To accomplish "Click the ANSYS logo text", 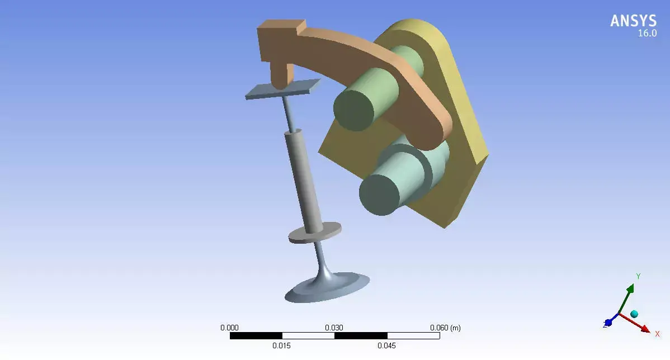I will tap(633, 21).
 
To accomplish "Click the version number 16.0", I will tap(647, 34).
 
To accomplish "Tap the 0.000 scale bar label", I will tap(229, 328).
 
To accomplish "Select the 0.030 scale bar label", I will tap(334, 328).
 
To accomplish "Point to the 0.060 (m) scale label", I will tap(445, 328).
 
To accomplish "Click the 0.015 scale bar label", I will tap(281, 345).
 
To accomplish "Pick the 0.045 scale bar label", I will tap(386, 345).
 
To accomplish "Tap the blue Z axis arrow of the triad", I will tap(609, 322).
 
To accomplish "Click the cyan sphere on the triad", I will tap(634, 314).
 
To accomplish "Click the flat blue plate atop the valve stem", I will tap(282, 89).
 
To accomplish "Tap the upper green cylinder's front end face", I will tap(353, 111).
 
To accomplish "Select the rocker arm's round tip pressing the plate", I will tap(281, 77).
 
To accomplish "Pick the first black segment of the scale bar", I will tap(256, 336).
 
